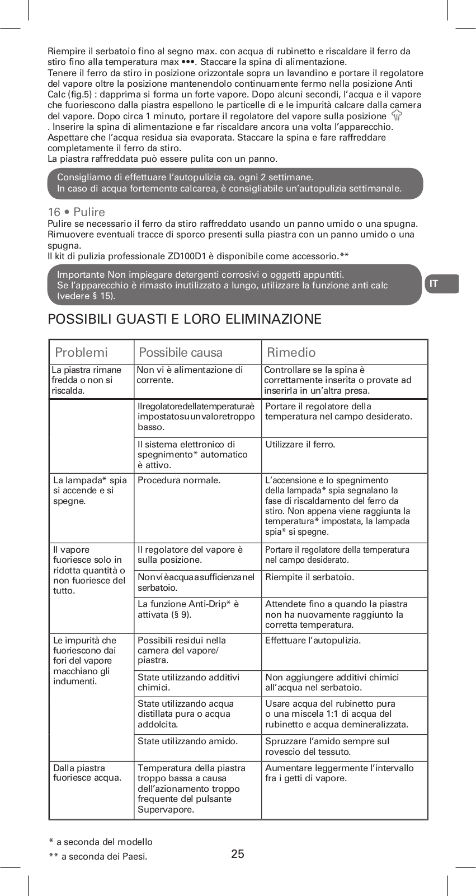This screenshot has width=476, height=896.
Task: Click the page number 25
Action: [x=238, y=853]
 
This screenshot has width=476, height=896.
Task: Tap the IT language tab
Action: [x=441, y=283]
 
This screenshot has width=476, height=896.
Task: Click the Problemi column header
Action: [x=81, y=352]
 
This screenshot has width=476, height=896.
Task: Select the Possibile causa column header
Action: [x=180, y=352]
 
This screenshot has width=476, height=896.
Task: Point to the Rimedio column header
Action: [x=291, y=352]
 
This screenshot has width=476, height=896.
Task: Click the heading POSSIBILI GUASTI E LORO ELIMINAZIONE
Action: [x=185, y=319]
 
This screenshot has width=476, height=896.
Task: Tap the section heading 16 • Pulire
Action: [x=77, y=212]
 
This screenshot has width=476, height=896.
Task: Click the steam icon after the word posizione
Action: [x=397, y=116]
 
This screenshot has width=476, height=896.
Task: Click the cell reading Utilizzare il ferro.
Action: [x=300, y=445]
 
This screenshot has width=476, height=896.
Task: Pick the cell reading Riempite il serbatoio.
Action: [x=309, y=577]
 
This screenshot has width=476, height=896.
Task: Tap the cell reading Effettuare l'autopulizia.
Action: [x=313, y=640]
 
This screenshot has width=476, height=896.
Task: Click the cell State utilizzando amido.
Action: [x=187, y=741]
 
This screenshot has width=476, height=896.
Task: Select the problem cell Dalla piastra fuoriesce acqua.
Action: [x=87, y=773]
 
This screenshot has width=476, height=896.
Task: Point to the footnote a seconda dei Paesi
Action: [x=98, y=856]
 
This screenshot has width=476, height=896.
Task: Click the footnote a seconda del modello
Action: [x=101, y=842]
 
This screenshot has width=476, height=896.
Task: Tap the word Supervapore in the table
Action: [x=166, y=809]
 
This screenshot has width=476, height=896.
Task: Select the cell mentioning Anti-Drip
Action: [x=188, y=609]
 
